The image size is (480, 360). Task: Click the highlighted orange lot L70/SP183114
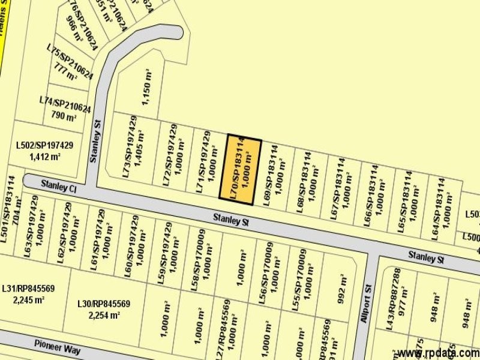click(244, 169)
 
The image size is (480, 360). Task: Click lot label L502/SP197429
click(44, 146)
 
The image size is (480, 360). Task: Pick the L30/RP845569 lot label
click(104, 304)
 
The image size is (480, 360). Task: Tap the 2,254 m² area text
click(104, 315)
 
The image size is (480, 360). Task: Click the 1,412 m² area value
click(44, 157)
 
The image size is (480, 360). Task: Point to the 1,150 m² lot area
click(148, 88)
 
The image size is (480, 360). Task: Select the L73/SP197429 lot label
click(125, 153)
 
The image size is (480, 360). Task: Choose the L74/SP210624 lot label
click(64, 105)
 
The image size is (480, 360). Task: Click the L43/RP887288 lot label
click(394, 298)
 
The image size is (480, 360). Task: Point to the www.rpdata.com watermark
click(437, 353)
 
